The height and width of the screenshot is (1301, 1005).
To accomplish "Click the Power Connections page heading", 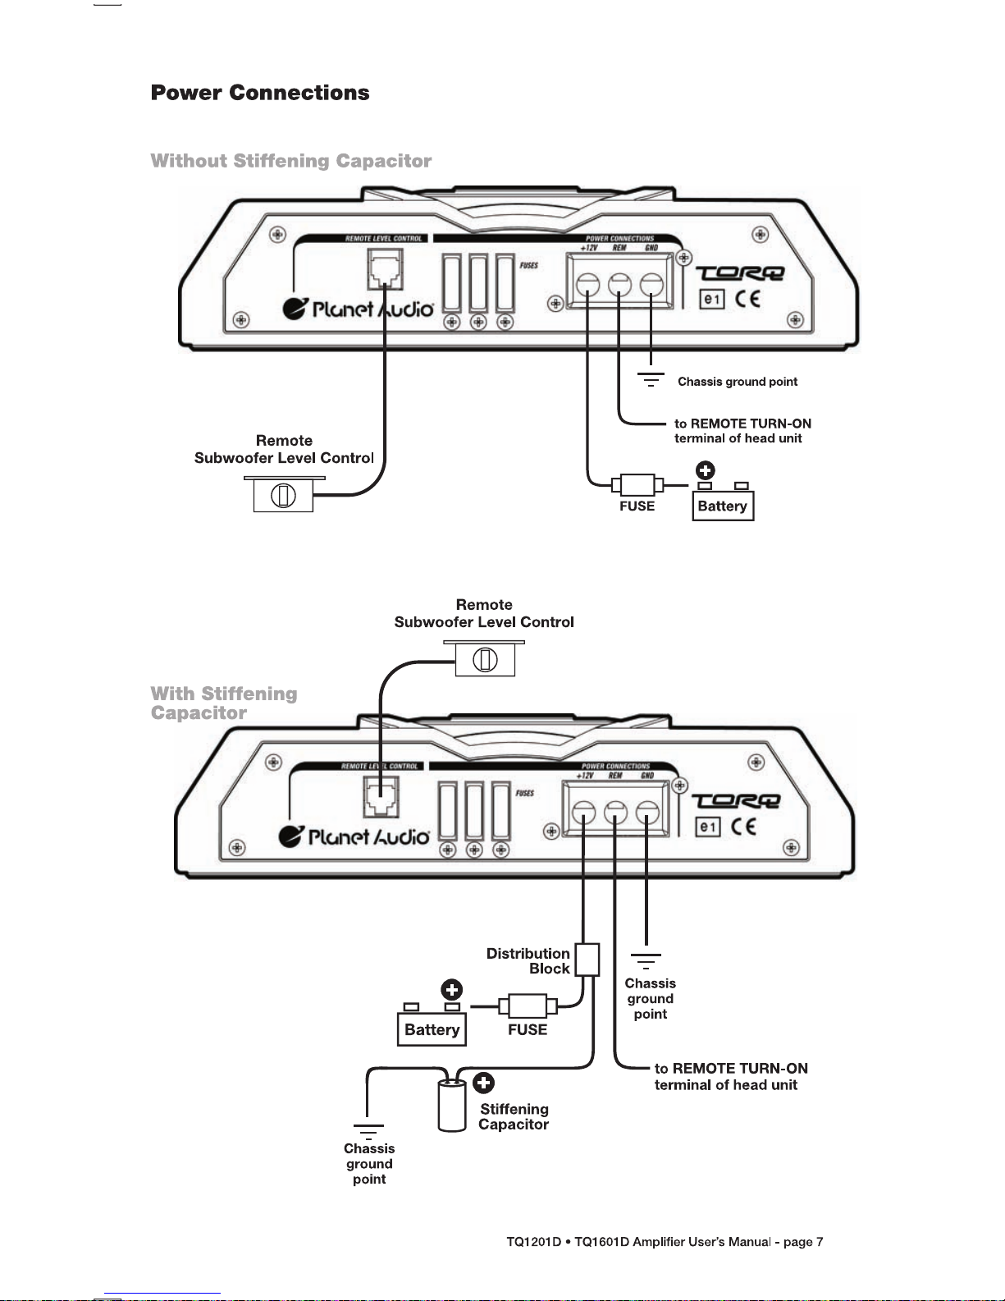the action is pos(260,93).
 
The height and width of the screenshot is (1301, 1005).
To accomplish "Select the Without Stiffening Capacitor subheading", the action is pos(291,160).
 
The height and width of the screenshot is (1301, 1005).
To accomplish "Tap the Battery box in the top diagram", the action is pos(723,506).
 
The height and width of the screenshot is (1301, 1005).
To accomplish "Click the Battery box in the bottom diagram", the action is pos(432,1029).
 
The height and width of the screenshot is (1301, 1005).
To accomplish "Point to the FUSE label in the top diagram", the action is pos(637,506).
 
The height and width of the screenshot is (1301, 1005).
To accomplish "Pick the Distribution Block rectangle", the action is pos(587,960).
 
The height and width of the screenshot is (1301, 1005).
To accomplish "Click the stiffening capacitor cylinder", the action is pos(452,1105).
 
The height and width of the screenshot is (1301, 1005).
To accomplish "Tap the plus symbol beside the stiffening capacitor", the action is pos(483,1083).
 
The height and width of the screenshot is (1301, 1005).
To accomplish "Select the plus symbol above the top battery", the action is pos(706,470).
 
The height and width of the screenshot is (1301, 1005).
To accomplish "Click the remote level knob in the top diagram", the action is pos(283,495).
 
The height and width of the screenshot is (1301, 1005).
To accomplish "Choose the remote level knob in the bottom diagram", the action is pos(485,660).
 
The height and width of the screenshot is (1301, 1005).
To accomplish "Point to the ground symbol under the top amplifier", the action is pos(651,379).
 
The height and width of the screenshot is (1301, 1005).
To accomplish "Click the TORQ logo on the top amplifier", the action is pos(740,273).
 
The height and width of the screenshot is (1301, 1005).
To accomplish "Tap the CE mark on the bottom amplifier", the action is pos(743,827).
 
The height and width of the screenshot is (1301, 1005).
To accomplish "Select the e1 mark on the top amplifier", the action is pos(712,299).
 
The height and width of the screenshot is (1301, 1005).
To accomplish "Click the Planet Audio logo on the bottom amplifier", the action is pos(354,836).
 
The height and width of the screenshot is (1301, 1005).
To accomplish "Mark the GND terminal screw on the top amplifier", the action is pos(651,284).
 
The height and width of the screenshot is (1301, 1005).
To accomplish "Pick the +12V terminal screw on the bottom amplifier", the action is pos(583,813).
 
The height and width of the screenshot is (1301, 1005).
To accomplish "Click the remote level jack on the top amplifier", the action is pos(386,269).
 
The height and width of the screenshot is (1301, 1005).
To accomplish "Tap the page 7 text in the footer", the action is pos(803,1242).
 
